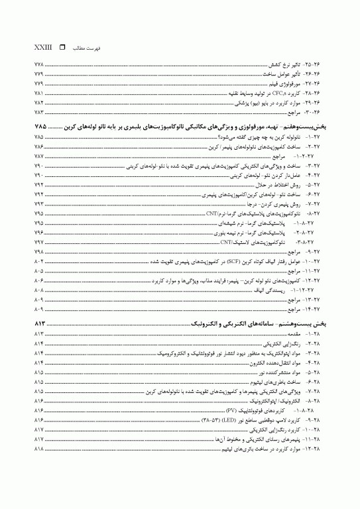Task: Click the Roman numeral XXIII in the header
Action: [42, 48]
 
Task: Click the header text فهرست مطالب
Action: [82, 49]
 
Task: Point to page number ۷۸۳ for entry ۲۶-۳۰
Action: [38, 113]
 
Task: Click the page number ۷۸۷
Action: [38, 154]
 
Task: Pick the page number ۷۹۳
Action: [38, 205]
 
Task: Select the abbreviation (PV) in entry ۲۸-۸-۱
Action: [231, 411]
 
